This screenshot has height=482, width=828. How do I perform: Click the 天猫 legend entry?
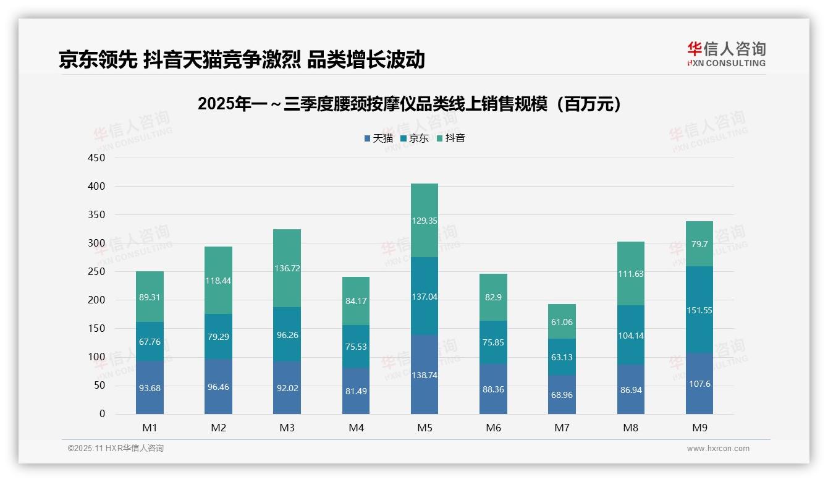378,138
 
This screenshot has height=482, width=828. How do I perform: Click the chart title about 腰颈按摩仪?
409,104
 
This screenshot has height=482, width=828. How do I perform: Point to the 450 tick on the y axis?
97,158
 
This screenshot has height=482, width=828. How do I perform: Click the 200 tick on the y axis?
97,300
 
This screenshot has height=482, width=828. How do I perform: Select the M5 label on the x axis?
425,428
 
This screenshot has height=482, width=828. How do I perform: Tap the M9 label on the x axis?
699,428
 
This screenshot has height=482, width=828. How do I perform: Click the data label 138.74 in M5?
425,375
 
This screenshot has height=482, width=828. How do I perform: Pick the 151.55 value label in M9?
699,310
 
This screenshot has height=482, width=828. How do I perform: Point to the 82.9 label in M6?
493,297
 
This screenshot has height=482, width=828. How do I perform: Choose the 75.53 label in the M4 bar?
356,347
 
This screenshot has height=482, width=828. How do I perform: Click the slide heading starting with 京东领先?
242,59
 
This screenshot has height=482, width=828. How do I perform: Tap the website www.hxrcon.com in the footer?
718,449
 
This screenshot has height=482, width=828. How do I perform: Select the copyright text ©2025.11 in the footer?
116,449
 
